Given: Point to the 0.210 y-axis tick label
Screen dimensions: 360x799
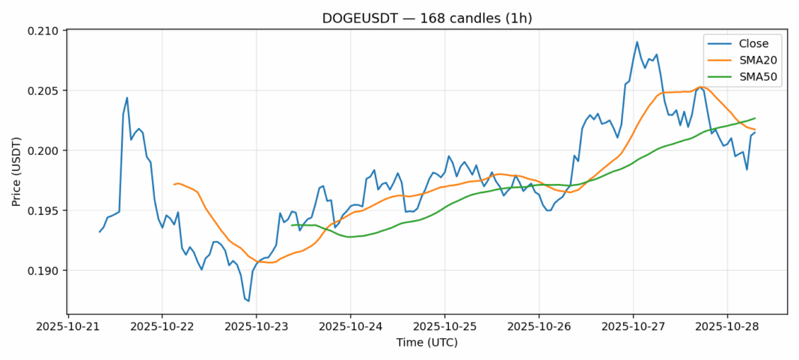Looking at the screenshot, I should tap(44, 31).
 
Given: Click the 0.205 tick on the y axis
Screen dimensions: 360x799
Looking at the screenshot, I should tap(44, 91).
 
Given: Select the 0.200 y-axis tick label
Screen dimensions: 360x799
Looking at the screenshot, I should tap(44, 151).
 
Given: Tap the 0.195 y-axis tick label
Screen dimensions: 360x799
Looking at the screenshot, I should tap(44, 211).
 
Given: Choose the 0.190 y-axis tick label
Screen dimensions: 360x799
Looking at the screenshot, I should tap(44, 271).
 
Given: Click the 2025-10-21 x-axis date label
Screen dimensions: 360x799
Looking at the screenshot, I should tap(68, 327).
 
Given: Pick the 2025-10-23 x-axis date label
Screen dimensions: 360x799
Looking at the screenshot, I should tap(257, 327).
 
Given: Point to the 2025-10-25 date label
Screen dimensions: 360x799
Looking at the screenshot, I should tap(444, 327).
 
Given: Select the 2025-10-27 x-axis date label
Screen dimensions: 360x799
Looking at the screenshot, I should tap(633, 327).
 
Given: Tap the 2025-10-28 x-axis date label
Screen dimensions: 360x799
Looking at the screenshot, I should tap(727, 327).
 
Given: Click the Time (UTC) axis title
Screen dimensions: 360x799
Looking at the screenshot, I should tap(426, 343).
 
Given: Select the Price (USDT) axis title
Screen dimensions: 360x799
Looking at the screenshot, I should tap(14, 171).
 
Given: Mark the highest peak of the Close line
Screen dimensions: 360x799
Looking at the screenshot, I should tap(637, 42).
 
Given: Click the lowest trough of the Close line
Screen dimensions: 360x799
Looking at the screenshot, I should tap(248, 301).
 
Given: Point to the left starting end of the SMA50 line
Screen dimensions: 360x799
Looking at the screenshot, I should tap(292, 225).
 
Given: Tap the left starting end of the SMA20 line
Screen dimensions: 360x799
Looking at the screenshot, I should tap(174, 184).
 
